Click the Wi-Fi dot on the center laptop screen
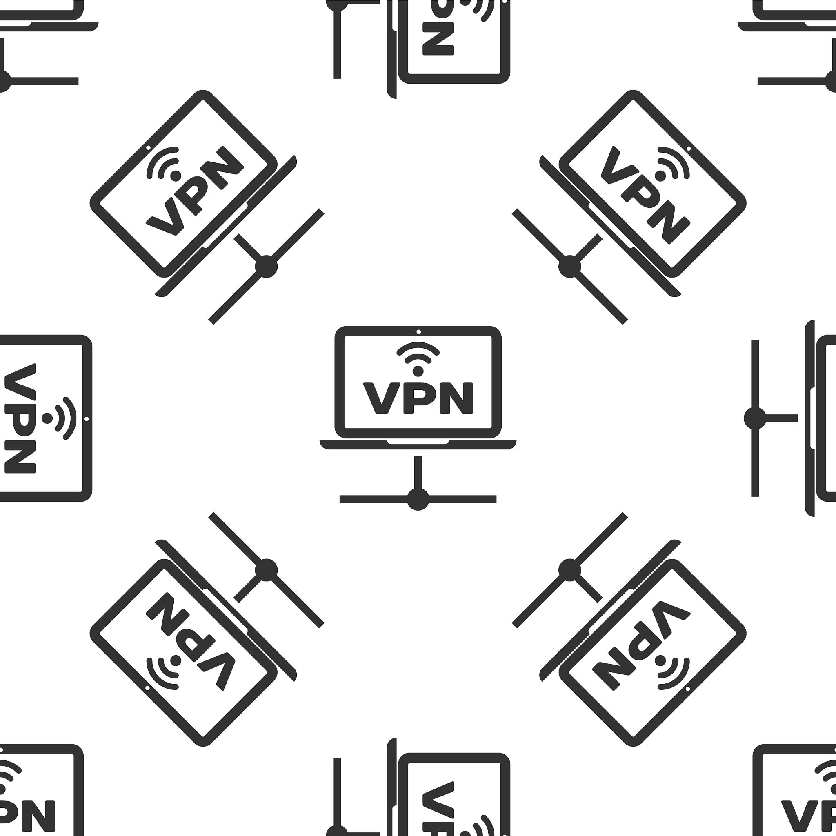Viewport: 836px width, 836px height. pyautogui.click(x=418, y=371)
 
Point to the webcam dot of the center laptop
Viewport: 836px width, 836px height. pyautogui.click(x=418, y=332)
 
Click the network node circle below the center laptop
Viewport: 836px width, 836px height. pyautogui.click(x=418, y=499)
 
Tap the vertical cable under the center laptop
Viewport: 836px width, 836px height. pyautogui.click(x=418, y=473)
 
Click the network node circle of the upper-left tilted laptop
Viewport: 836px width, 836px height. pyautogui.click(x=266, y=267)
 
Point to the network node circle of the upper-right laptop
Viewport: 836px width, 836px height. pyautogui.click(x=569, y=267)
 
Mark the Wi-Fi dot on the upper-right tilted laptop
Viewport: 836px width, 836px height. pyautogui.click(x=661, y=175)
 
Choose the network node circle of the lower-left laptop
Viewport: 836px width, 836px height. pyautogui.click(x=266, y=570)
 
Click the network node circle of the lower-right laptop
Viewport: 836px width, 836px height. pyautogui.click(x=569, y=570)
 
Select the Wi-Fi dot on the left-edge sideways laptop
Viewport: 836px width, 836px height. pyautogui.click(x=47, y=418)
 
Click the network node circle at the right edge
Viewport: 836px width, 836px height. pyautogui.click(x=755, y=418)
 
